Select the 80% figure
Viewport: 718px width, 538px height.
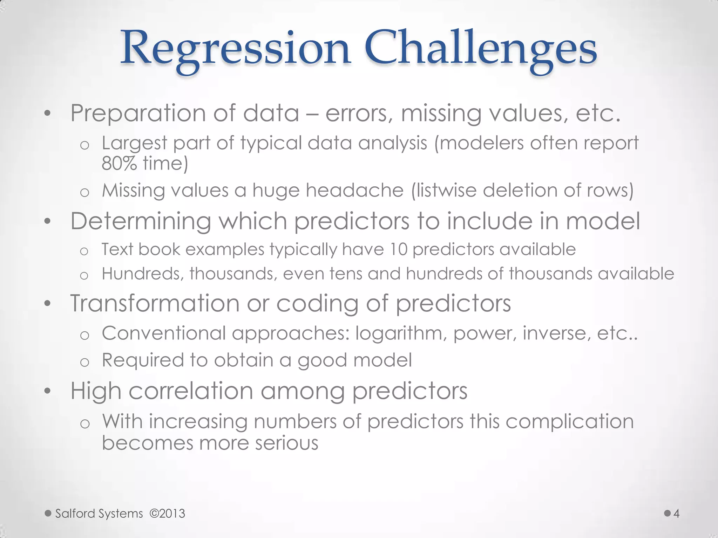[119, 163]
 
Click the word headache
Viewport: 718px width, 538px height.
[354, 191]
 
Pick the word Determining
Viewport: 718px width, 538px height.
[141, 221]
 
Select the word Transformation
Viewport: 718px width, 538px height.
[155, 303]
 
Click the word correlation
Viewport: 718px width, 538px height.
[191, 391]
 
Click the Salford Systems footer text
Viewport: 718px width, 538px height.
[99, 513]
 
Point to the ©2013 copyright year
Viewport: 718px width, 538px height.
[167, 513]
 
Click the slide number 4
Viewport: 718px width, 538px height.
[676, 513]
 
